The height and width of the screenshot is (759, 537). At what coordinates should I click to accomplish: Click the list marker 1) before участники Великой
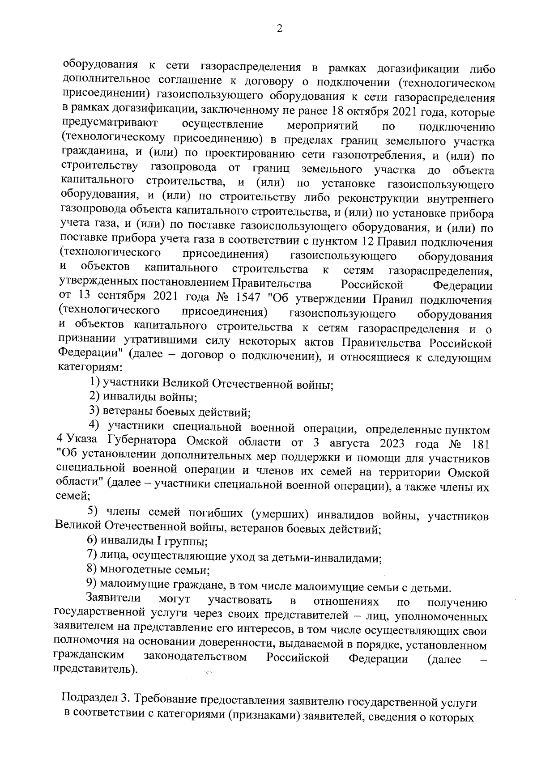click(94, 383)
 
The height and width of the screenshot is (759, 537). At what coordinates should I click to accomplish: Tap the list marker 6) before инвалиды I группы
click(93, 542)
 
